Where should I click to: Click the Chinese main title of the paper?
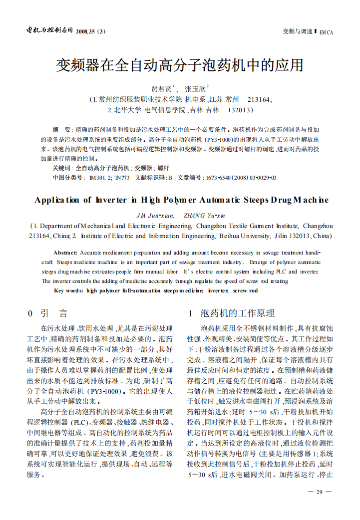tap(180, 65)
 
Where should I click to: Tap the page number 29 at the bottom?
tap(320, 492)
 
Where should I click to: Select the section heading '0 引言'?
tap(47, 313)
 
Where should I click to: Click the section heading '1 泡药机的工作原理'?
tap(231, 313)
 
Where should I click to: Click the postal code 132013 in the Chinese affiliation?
tap(239, 109)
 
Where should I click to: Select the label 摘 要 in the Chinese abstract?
tap(62, 129)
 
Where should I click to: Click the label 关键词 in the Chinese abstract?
tap(62, 168)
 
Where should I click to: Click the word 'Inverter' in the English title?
tap(112, 200)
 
